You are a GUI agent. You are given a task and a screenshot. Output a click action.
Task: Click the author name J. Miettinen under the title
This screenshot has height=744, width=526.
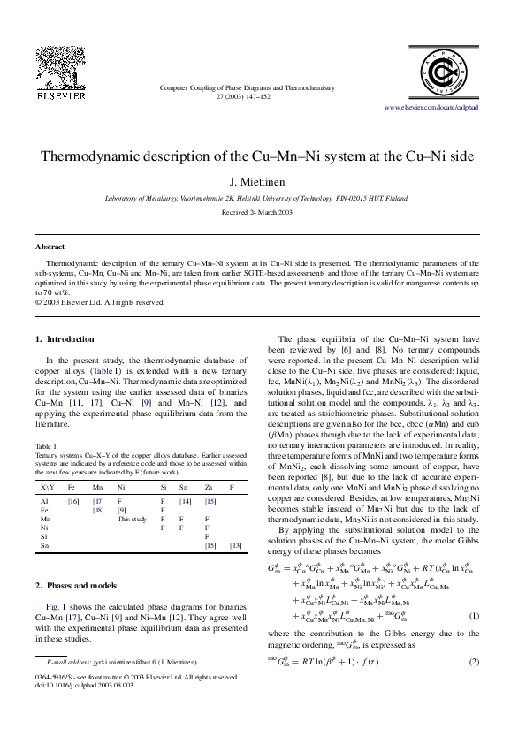pyautogui.click(x=262, y=182)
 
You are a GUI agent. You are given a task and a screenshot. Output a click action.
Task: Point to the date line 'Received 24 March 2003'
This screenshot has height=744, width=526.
pyautogui.click(x=262, y=214)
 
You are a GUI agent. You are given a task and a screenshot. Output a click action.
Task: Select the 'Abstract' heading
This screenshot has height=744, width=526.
pyautogui.click(x=50, y=247)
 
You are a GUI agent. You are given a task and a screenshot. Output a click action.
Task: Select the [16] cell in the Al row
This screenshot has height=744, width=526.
pyautogui.click(x=73, y=501)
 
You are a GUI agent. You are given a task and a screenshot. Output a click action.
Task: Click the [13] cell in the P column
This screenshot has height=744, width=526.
pyautogui.click(x=235, y=546)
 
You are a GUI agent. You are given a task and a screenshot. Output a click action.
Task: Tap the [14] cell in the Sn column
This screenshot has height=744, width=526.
pyautogui.click(x=185, y=501)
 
